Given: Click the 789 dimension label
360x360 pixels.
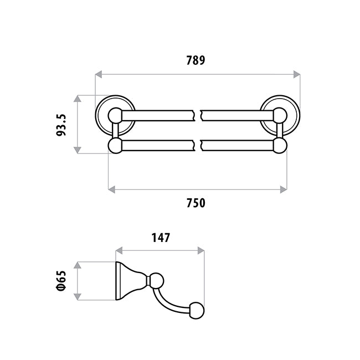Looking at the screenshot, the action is [x=196, y=60].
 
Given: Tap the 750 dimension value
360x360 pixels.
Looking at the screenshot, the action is [x=196, y=203].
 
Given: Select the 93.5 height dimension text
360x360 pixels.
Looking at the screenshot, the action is [x=61, y=125].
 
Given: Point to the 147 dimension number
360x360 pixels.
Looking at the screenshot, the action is [x=161, y=238].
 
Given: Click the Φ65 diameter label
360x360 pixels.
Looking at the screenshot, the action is [x=61, y=281].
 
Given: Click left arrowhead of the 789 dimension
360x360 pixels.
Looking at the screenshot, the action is [x=99, y=74].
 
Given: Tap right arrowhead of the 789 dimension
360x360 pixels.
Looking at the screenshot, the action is [x=297, y=74].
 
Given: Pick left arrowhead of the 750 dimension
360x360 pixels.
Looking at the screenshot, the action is [x=111, y=189].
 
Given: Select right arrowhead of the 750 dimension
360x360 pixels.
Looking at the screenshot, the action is [x=284, y=189].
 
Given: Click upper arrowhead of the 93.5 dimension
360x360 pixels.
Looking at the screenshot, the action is [x=78, y=99].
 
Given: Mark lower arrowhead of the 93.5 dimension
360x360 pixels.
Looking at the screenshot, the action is [x=78, y=150].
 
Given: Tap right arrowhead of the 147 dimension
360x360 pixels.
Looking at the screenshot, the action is [x=201, y=251].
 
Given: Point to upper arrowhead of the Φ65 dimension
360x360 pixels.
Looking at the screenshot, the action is [x=78, y=265].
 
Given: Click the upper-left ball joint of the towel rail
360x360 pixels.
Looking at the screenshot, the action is [x=115, y=116].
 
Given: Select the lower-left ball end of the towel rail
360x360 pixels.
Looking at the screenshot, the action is [x=115, y=146].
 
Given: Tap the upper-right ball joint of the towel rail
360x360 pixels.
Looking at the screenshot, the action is [x=280, y=116].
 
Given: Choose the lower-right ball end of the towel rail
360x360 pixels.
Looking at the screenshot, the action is [x=280, y=146].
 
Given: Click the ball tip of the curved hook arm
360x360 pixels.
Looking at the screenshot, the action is [x=197, y=311].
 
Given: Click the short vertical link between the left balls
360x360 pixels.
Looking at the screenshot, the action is [x=115, y=131].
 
